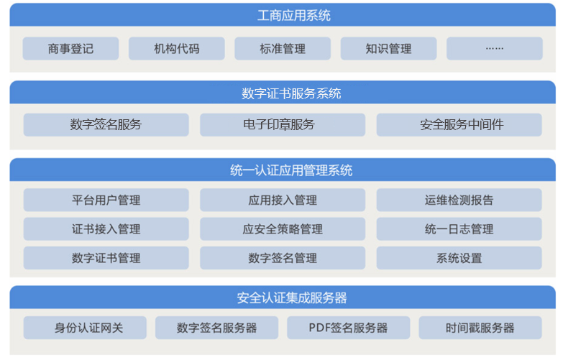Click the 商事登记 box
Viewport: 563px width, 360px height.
pyautogui.click(x=70, y=48)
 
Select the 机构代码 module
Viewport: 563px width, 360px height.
pyautogui.click(x=177, y=48)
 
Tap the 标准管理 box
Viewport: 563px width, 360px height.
pyautogui.click(x=283, y=48)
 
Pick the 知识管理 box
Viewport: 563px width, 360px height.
pyautogui.click(x=388, y=48)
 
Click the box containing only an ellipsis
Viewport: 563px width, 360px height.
pyautogui.click(x=495, y=48)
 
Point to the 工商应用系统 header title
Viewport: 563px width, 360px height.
pyautogui.click(x=293, y=15)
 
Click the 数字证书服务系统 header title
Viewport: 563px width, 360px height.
pyautogui.click(x=291, y=93)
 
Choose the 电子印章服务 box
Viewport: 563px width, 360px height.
pyautogui.click(x=283, y=125)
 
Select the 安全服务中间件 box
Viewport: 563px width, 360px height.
pyautogui.click(x=459, y=125)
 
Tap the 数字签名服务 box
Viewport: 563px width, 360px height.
pyautogui.click(x=106, y=125)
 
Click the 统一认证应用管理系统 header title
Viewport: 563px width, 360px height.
pyautogui.click(x=291, y=170)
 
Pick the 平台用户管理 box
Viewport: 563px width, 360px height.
pyautogui.click(x=106, y=200)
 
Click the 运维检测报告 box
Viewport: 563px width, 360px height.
pyautogui.click(x=459, y=200)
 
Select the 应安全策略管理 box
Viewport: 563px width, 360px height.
pyautogui.click(x=283, y=229)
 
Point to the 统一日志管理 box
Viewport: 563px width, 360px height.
pyautogui.click(x=459, y=229)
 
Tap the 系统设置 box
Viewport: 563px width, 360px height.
pyautogui.click(x=459, y=258)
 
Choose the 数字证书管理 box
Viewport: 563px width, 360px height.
pyautogui.click(x=106, y=258)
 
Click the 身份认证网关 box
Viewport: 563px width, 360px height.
pyautogui.click(x=85, y=328)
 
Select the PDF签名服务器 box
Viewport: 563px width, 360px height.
pyautogui.click(x=348, y=328)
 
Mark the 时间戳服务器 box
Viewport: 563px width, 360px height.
pyautogui.click(x=480, y=328)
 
